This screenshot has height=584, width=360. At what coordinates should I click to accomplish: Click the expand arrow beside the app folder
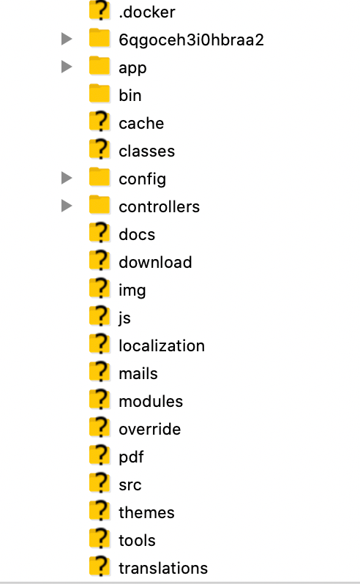[67, 67]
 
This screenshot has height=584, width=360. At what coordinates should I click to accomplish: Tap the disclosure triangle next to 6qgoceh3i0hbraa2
[67, 39]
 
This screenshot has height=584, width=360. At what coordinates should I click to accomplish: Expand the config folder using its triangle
[67, 178]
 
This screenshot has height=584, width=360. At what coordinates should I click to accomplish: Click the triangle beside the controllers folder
[67, 206]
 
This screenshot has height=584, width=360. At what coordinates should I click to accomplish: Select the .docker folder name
[146, 12]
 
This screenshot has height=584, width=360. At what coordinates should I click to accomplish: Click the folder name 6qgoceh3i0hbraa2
[191, 40]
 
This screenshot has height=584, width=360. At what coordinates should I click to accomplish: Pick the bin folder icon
[100, 93]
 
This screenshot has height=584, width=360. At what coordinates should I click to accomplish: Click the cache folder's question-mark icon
[100, 121]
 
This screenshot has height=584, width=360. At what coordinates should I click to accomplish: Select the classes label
[146, 151]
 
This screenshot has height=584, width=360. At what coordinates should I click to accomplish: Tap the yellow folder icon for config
[100, 176]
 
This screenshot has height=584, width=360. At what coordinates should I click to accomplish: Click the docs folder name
[137, 235]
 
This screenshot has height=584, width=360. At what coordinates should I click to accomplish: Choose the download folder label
[155, 262]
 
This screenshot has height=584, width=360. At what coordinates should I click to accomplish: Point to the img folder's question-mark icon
[100, 288]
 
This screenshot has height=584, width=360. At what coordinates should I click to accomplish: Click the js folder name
[124, 318]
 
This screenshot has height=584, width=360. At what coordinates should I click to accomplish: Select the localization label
[162, 345]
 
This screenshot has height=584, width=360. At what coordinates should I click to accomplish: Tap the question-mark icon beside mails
[100, 371]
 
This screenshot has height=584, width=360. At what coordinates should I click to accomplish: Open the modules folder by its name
[151, 402]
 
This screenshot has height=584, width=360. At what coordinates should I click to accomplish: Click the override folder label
[150, 429]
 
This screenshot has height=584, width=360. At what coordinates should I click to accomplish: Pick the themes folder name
[146, 512]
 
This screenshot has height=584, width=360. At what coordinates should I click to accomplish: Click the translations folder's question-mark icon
[100, 566]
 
